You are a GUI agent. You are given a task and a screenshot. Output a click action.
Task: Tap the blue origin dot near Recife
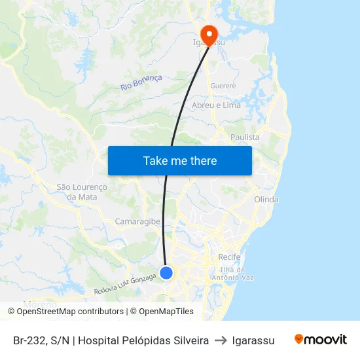166,272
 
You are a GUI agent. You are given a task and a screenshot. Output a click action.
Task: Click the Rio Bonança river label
141,82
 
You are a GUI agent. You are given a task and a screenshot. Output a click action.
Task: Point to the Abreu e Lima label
216,105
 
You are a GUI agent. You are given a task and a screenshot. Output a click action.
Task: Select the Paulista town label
245,137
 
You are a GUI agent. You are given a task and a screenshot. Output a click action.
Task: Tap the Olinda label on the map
266,199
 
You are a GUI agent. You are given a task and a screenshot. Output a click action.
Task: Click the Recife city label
229,257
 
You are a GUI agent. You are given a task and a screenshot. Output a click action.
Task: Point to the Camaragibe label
137,221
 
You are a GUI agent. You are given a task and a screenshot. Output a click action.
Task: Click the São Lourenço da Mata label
82,191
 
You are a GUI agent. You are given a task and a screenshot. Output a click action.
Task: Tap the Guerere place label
223,86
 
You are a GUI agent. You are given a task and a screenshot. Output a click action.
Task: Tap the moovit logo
321,340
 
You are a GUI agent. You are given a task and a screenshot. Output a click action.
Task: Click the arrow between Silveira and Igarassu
220,340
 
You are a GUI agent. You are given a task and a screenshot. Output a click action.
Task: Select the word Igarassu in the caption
253,340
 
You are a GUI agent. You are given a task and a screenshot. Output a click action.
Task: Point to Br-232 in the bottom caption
28,340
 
